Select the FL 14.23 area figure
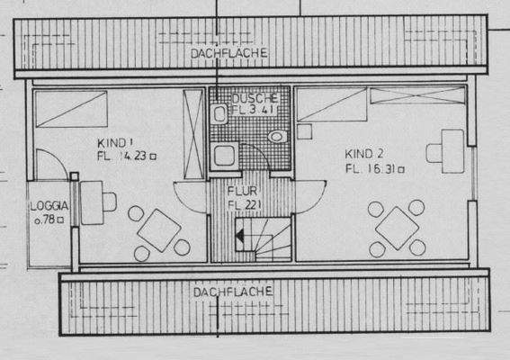click(125, 155)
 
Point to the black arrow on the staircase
click(241, 238)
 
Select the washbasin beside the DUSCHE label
click(219, 113)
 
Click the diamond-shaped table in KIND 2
click(397, 228)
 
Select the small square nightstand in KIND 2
click(303, 131)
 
